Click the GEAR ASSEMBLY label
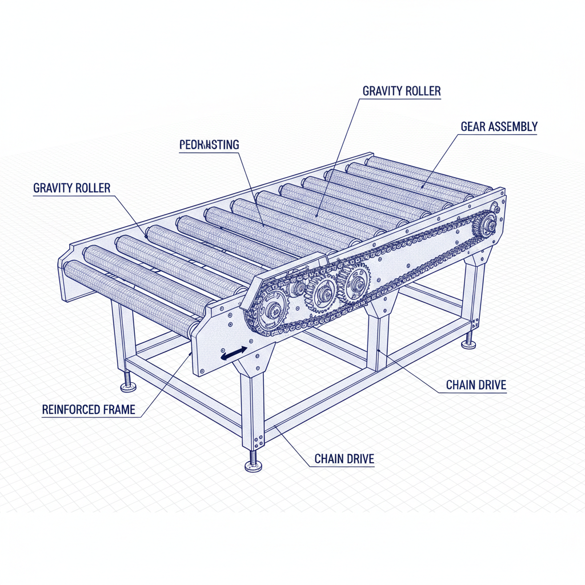(x=499, y=126)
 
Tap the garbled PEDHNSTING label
(x=209, y=145)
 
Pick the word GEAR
(x=474, y=126)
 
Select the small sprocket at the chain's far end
(x=487, y=224)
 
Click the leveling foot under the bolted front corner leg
(x=253, y=465)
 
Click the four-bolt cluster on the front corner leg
(x=257, y=440)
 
